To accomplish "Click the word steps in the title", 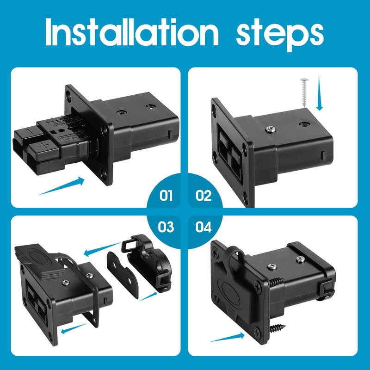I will (x=279, y=33).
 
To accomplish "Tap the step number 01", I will (x=166, y=196).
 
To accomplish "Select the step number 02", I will (x=203, y=196).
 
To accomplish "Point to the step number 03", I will (x=166, y=227).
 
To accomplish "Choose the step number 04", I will (x=203, y=227).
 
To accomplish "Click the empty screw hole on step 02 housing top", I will (x=306, y=124).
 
